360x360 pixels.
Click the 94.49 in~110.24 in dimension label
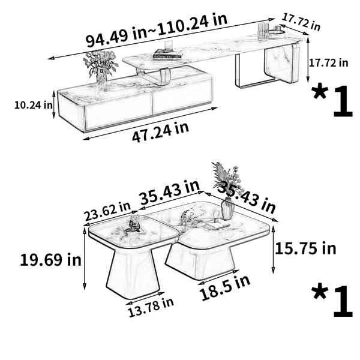tap(157, 30)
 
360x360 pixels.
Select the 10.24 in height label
tap(34, 105)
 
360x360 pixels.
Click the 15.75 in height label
tap(305, 248)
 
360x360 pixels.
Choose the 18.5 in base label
tap(224, 288)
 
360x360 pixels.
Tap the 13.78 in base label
tap(151, 308)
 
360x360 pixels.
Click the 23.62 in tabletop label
tap(107, 211)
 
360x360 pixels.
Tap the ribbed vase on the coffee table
tap(228, 209)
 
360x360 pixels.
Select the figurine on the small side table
tap(133, 224)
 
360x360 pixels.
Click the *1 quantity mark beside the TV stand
tap(332, 101)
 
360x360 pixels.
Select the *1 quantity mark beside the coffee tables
tap(332, 301)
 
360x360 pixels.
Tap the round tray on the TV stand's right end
tap(276, 34)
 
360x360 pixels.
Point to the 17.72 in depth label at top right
tap(301, 22)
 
